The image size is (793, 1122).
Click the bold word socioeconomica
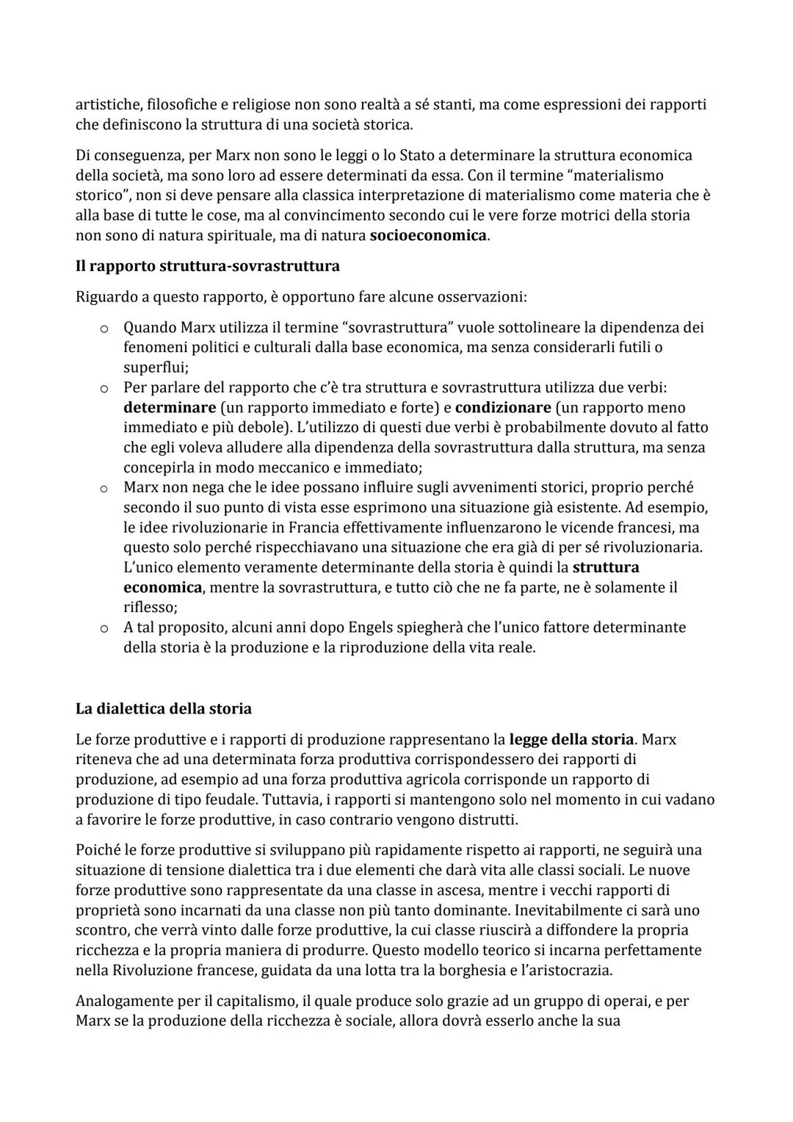point(428,236)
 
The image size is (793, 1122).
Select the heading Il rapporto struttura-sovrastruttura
point(207,266)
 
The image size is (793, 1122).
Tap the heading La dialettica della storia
point(163,709)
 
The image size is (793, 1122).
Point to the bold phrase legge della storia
point(571,740)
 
